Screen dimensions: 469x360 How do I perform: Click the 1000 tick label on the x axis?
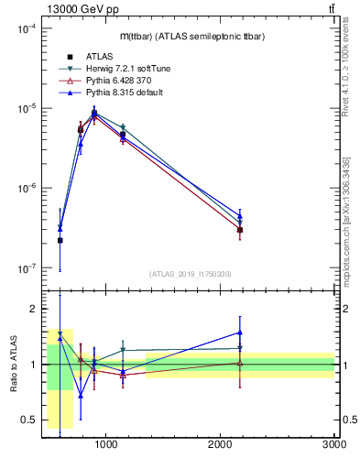[x=106, y=444]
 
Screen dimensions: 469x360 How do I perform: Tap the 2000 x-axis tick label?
[x=221, y=444]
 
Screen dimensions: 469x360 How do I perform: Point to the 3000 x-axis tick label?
[x=333, y=444]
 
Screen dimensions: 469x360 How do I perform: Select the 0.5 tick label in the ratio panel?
[x=27, y=420]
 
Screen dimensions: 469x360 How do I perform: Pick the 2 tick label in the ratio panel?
[x=32, y=309]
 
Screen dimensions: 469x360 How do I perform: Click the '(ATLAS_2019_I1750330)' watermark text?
[x=190, y=274]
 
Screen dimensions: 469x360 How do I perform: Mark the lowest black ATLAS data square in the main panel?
[x=60, y=240]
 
